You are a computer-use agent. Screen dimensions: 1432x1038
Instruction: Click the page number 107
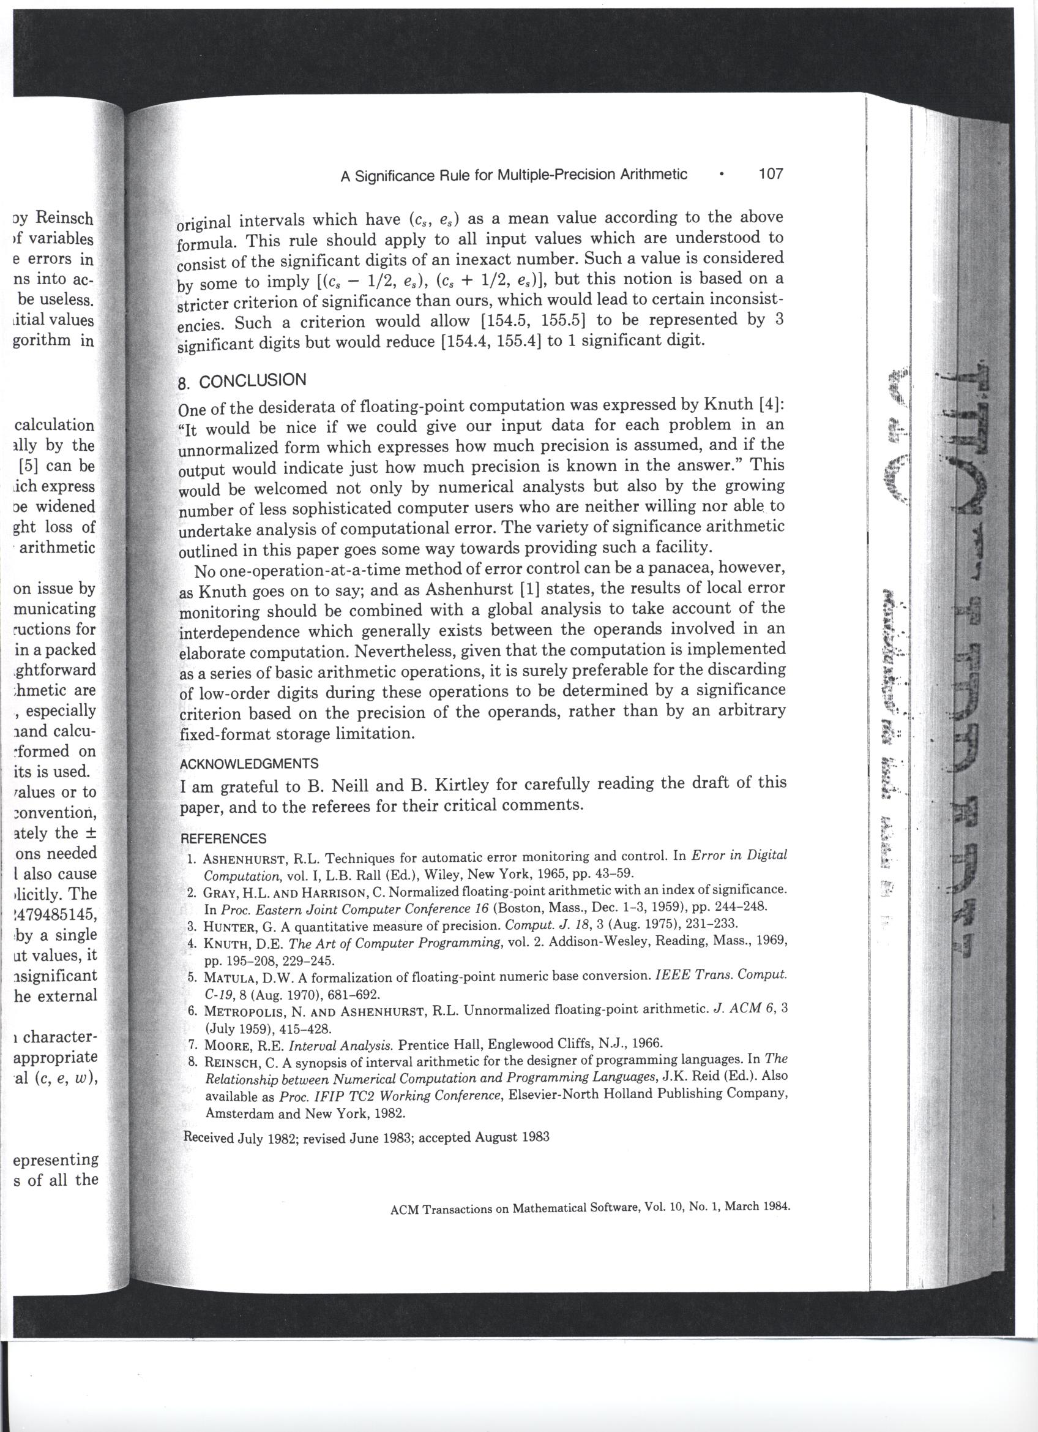(x=770, y=173)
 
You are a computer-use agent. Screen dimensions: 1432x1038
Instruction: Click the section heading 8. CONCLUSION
(x=243, y=382)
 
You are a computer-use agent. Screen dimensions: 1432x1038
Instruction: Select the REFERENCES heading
(x=223, y=838)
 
